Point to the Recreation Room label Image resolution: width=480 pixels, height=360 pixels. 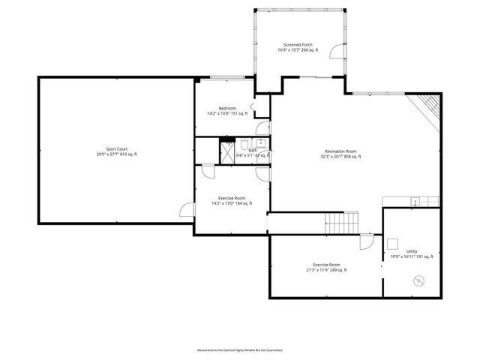[x=340, y=154]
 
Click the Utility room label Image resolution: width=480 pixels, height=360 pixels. [x=412, y=253]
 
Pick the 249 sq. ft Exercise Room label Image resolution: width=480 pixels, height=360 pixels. [x=326, y=267]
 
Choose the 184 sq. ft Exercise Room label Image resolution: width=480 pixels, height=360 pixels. [x=231, y=200]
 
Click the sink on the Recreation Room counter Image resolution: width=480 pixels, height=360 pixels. [x=414, y=201]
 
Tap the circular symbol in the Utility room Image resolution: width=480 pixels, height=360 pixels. [x=418, y=281]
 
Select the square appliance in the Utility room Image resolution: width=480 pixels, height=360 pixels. [x=391, y=243]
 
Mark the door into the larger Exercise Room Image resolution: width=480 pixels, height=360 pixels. [x=366, y=242]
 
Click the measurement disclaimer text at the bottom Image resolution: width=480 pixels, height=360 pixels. [x=239, y=350]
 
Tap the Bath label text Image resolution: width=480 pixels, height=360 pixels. [x=253, y=151]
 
